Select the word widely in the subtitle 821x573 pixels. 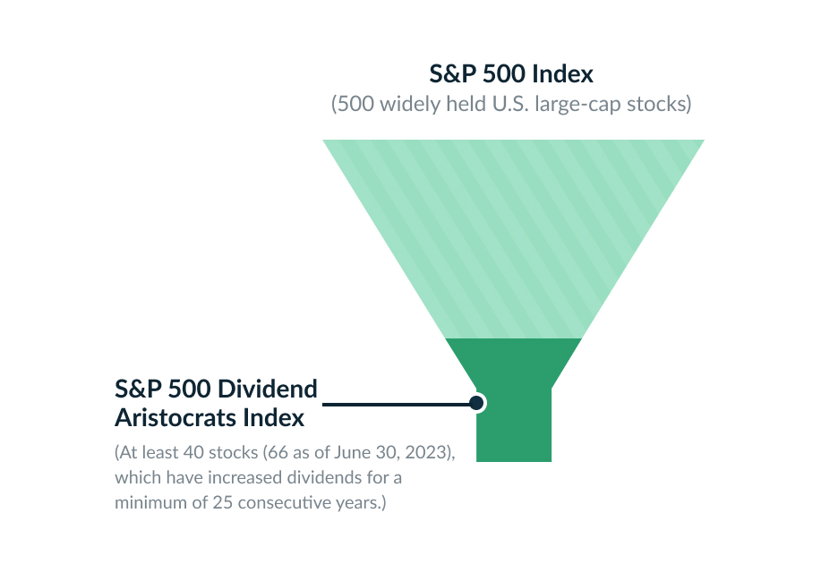(403, 104)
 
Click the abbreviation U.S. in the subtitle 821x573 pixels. (509, 104)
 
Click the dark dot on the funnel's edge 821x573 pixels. (477, 404)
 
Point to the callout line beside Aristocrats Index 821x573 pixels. (394, 404)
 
